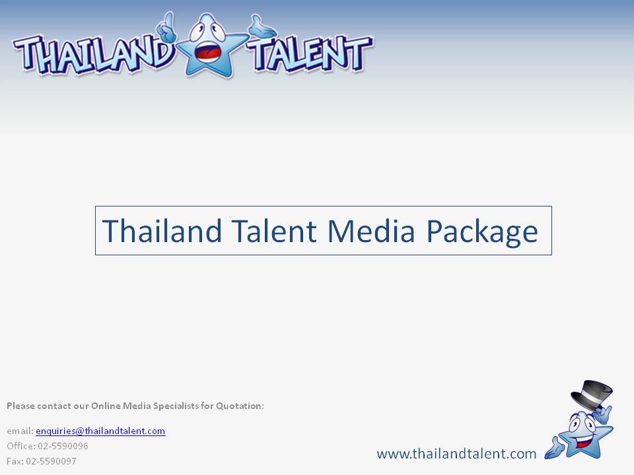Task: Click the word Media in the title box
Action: pyautogui.click(x=370, y=231)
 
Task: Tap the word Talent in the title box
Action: pyautogui.click(x=273, y=231)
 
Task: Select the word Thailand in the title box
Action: pyautogui.click(x=162, y=231)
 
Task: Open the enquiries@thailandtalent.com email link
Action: pyautogui.click(x=100, y=431)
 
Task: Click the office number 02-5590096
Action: pyautogui.click(x=63, y=446)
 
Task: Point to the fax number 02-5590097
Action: pyautogui.click(x=51, y=461)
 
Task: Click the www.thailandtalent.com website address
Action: pyautogui.click(x=456, y=454)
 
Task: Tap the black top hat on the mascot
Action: pyautogui.click(x=592, y=395)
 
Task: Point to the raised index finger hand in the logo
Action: pyautogui.click(x=166, y=28)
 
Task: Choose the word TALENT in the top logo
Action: pyautogui.click(x=309, y=53)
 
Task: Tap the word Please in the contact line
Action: pyautogui.click(x=20, y=406)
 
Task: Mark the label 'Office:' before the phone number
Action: pyautogui.click(x=21, y=446)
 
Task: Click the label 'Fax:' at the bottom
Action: pyautogui.click(x=15, y=461)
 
